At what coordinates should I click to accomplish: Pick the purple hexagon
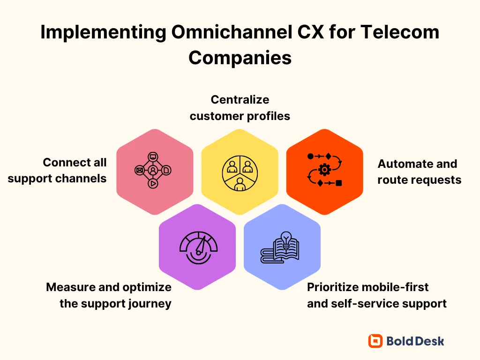(x=197, y=247)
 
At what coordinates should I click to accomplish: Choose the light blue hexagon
(x=282, y=247)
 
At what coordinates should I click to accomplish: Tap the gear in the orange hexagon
(x=324, y=170)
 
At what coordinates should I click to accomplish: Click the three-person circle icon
(x=240, y=172)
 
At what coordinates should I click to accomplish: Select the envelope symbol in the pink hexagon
(x=139, y=170)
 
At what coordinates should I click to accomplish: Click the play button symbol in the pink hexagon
(x=153, y=184)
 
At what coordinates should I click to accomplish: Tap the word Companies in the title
(x=240, y=58)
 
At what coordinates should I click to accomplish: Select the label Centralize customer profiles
(x=240, y=108)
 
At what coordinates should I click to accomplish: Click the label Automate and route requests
(x=419, y=172)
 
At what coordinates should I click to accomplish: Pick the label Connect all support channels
(x=57, y=171)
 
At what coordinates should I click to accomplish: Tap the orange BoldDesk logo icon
(x=375, y=341)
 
